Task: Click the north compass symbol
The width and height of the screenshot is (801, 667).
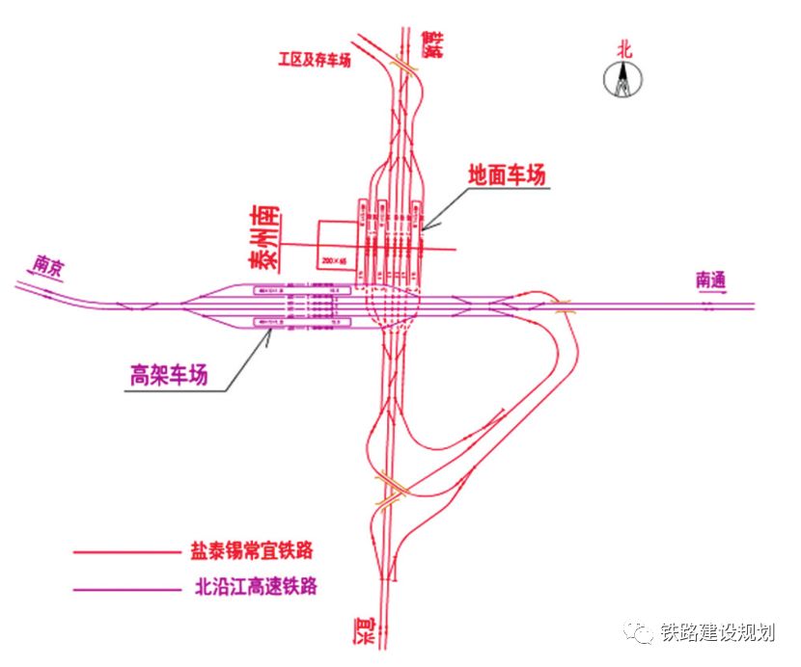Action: (622, 80)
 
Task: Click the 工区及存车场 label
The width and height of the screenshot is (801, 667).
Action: (314, 60)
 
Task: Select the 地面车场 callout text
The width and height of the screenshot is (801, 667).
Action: (507, 175)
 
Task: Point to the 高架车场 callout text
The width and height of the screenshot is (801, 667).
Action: (169, 375)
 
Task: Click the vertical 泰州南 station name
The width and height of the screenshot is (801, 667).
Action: (260, 236)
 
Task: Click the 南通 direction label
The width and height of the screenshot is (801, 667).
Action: (710, 280)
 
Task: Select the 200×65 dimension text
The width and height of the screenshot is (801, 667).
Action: (334, 261)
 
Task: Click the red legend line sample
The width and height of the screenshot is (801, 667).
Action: (121, 552)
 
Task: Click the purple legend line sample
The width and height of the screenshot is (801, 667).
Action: (121, 586)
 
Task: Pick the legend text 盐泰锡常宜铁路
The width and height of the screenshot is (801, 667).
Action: (252, 552)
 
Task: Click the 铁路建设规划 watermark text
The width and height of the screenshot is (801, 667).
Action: (718, 632)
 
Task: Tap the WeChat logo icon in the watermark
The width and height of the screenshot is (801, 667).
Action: (640, 632)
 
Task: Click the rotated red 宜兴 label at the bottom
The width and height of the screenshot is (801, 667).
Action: (362, 631)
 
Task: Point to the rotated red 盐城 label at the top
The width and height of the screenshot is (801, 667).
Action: (433, 43)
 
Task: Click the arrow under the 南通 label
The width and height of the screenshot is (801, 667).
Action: (711, 295)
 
